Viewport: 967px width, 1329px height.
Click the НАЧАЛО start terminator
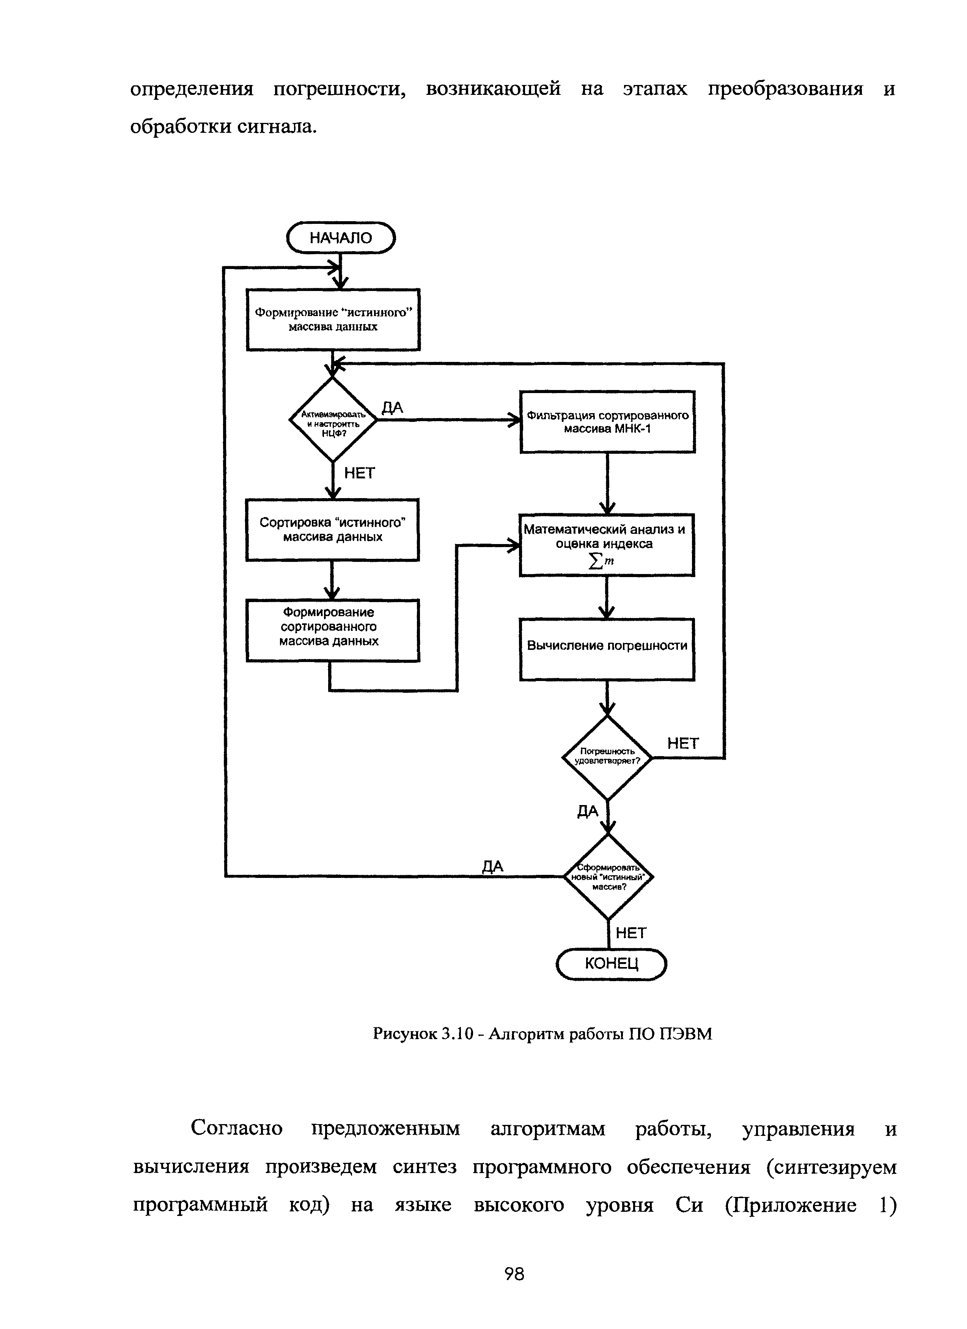pyautogui.click(x=341, y=237)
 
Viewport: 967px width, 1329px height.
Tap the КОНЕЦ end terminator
pyautogui.click(x=611, y=964)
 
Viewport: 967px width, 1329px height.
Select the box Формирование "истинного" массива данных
pyautogui.click(x=333, y=320)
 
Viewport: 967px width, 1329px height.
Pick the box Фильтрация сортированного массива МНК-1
pyautogui.click(x=608, y=422)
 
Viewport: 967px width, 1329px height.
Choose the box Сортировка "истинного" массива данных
pyautogui.click(x=332, y=530)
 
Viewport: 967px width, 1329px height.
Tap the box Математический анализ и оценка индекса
pyautogui.click(x=607, y=545)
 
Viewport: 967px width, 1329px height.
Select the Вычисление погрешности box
pyautogui.click(x=607, y=649)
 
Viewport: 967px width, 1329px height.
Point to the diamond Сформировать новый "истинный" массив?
pyautogui.click(x=609, y=877)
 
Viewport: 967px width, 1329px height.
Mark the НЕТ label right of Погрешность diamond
pyautogui.click(x=683, y=744)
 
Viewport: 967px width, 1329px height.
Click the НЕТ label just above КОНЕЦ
pyautogui.click(x=631, y=933)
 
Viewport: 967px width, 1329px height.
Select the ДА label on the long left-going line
pyautogui.click(x=492, y=867)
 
